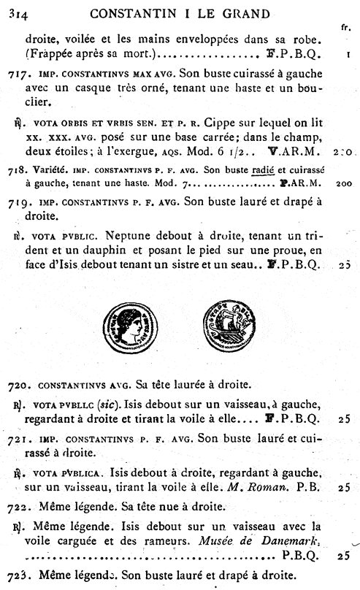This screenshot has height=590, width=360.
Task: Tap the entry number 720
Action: tap(20, 384)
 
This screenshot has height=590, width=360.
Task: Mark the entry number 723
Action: tap(20, 574)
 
